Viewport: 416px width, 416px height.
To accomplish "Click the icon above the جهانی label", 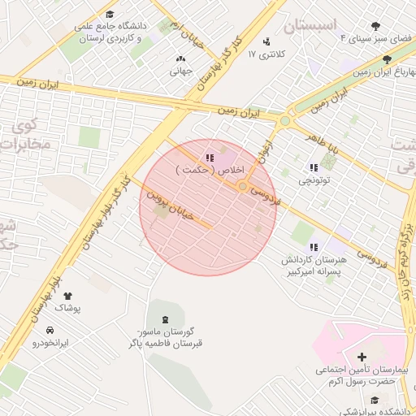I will [x=180, y=58].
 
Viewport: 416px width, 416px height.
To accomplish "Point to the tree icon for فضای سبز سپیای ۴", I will [x=375, y=26].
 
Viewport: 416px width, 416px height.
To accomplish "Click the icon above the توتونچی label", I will [x=314, y=167].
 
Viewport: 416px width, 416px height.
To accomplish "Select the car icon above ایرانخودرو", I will [x=50, y=330].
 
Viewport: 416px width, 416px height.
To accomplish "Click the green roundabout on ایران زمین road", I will [x=284, y=121].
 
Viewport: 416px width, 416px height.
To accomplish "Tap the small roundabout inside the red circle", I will [x=242, y=186].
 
